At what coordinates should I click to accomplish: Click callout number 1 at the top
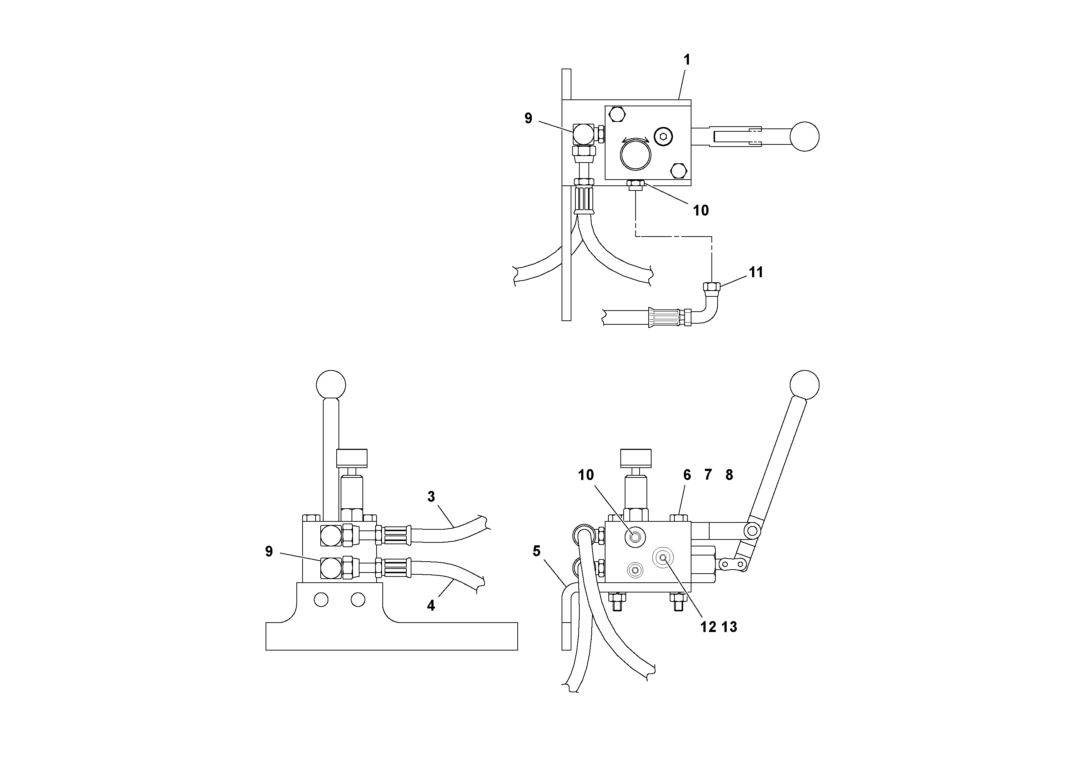pyautogui.click(x=687, y=60)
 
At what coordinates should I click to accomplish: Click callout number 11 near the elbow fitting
pyautogui.click(x=756, y=272)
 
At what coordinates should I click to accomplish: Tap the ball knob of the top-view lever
pyautogui.click(x=804, y=137)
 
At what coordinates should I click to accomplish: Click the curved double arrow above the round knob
pyautogui.click(x=636, y=140)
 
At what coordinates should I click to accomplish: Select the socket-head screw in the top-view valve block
pyautogui.click(x=663, y=136)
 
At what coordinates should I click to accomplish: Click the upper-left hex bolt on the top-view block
pyautogui.click(x=616, y=114)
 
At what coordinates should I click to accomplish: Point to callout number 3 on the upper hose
pyautogui.click(x=431, y=497)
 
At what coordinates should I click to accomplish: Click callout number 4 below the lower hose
pyautogui.click(x=431, y=606)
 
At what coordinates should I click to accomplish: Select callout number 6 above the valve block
pyautogui.click(x=687, y=475)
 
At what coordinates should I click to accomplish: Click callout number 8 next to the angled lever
pyautogui.click(x=729, y=475)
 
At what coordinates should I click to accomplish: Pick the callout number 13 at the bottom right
pyautogui.click(x=729, y=627)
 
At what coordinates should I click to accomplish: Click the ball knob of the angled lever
pyautogui.click(x=804, y=385)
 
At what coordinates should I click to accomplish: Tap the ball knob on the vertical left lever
pyautogui.click(x=331, y=385)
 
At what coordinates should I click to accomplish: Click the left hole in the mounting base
pyautogui.click(x=321, y=600)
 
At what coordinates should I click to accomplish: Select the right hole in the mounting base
pyautogui.click(x=358, y=600)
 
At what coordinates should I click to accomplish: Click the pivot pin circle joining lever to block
pyautogui.click(x=752, y=531)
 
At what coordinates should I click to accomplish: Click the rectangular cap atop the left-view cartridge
pyautogui.click(x=352, y=458)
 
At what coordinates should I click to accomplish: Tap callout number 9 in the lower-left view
pyautogui.click(x=269, y=551)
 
